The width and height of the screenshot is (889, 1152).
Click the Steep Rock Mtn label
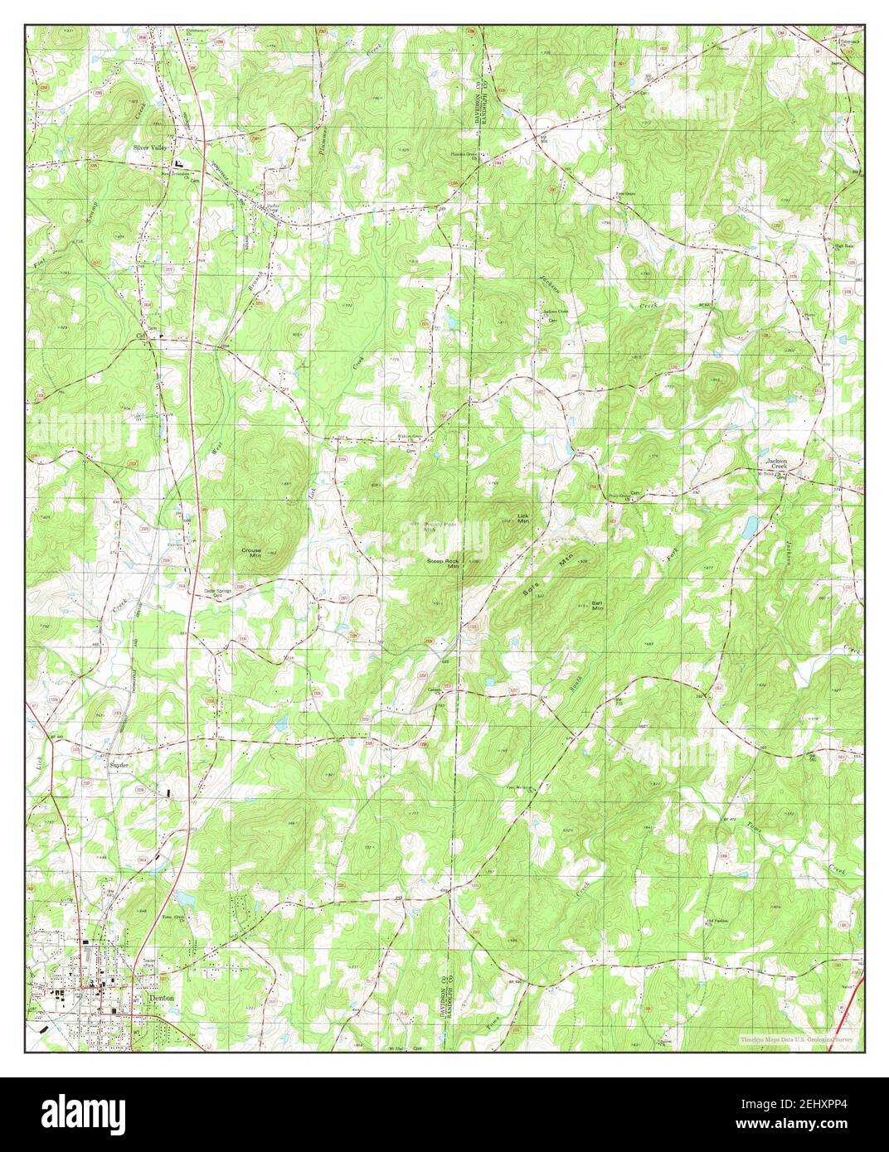(443, 564)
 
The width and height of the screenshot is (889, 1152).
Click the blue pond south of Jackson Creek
(750, 525)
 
